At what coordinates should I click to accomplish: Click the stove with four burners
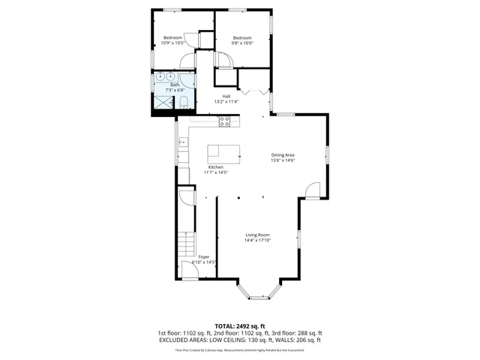(223, 121)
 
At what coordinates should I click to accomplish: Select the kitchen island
(223, 153)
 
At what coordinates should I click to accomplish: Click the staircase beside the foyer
(184, 244)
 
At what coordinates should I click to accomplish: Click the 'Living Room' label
(257, 235)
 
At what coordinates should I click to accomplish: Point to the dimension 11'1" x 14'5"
(215, 172)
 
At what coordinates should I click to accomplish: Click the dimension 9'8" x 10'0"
(242, 43)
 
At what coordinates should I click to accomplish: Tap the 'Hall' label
(226, 96)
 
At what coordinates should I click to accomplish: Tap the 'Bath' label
(175, 85)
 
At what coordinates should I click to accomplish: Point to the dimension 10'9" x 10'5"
(172, 43)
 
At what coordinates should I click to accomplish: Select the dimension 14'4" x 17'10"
(257, 241)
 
